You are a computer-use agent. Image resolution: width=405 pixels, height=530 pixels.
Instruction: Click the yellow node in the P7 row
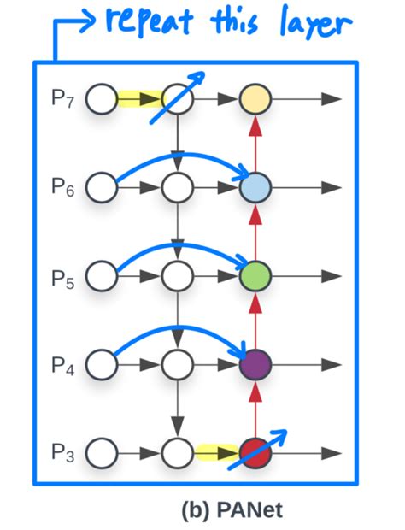255,99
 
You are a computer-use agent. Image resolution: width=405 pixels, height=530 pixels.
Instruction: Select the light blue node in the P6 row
255,187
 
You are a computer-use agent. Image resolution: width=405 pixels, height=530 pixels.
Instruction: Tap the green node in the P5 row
255,275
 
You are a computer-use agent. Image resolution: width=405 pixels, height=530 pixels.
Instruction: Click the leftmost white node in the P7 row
102,99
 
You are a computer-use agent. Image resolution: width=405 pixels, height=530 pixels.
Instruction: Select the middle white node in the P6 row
179,187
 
